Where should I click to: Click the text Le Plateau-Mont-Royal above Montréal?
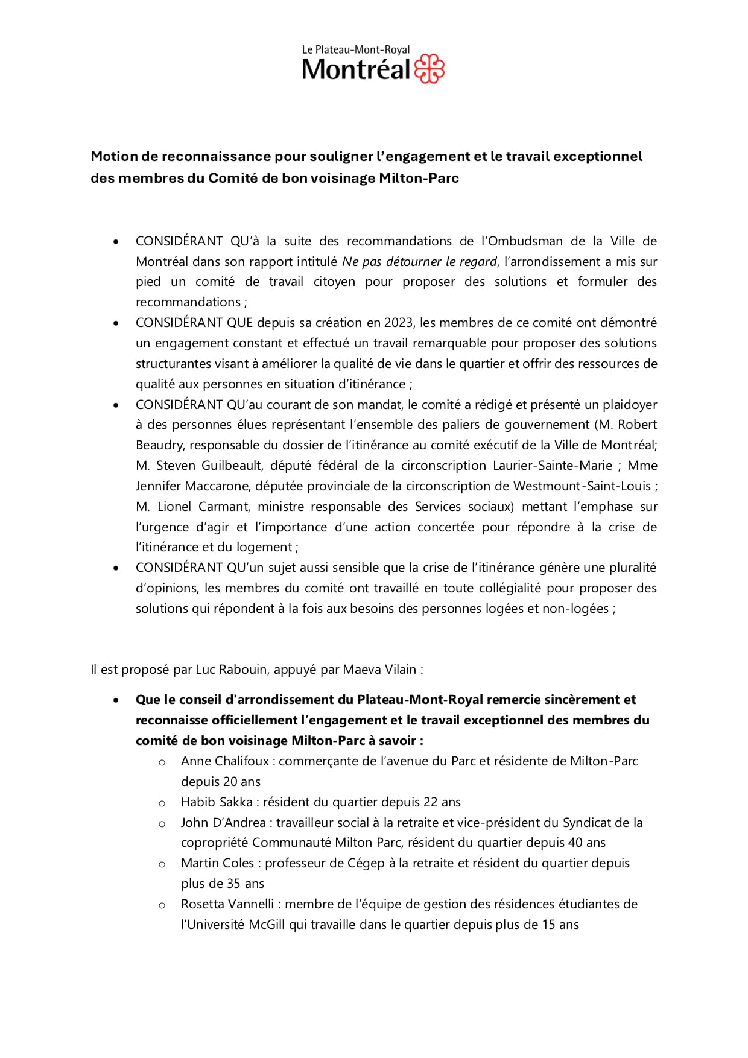pyautogui.click(x=356, y=50)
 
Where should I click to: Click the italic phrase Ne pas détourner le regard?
pyautogui.click(x=420, y=262)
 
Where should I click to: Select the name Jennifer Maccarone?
pyautogui.click(x=193, y=486)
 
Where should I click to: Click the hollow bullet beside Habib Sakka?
pyautogui.click(x=162, y=803)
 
